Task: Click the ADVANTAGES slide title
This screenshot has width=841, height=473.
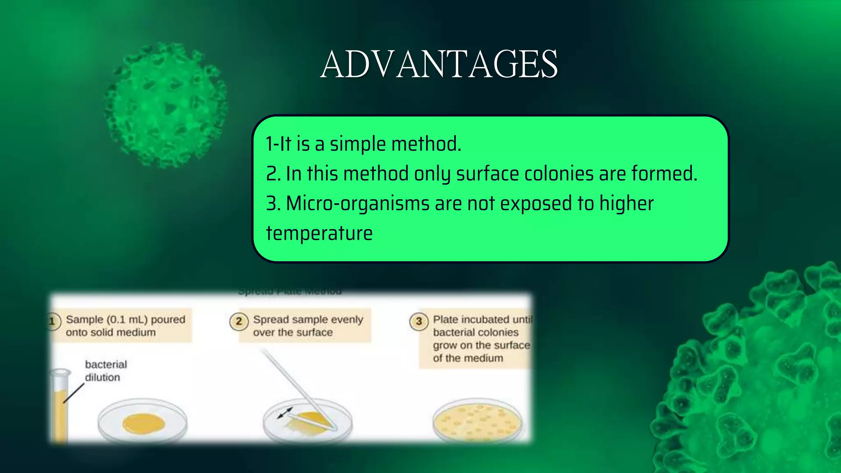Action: (439, 64)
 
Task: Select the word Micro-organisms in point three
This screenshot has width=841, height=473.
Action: (357, 204)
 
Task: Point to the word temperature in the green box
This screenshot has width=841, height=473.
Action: (319, 233)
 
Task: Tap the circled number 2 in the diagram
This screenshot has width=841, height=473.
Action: (239, 321)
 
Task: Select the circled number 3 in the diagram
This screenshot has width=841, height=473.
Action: (418, 321)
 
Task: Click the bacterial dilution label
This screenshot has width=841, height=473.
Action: (106, 371)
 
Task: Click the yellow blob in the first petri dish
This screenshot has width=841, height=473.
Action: (143, 424)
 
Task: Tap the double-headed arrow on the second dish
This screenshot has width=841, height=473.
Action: (285, 413)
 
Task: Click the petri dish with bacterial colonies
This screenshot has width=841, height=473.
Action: (477, 421)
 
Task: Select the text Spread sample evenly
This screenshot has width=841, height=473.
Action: (308, 319)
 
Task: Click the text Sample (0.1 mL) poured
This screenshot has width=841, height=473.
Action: (125, 319)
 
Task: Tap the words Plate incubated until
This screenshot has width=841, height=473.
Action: (482, 319)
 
